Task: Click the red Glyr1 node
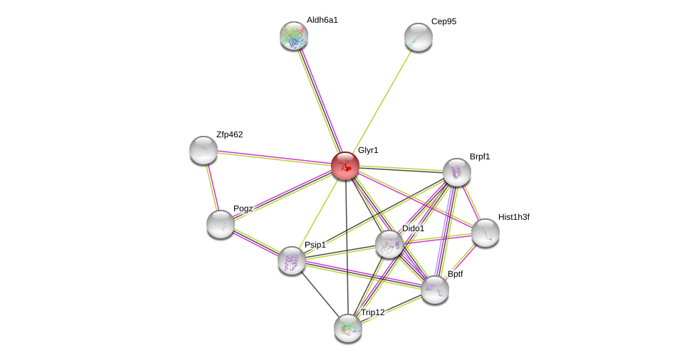point(345,166)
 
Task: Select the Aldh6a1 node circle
point(293,36)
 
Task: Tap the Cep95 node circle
point(419,37)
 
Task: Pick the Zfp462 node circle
point(204,150)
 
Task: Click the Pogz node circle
point(221,224)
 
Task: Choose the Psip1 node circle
point(292,260)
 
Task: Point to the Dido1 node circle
point(389,244)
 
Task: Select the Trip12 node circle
point(348,327)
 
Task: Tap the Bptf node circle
point(435,290)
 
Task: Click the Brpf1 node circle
point(457,172)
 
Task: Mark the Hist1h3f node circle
point(485,233)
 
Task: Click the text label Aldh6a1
point(322,20)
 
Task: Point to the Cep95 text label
point(443,21)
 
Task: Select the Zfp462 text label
point(229,134)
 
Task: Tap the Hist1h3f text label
point(513,217)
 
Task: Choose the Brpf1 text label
point(480,157)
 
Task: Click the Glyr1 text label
point(368,150)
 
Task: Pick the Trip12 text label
point(372,312)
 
